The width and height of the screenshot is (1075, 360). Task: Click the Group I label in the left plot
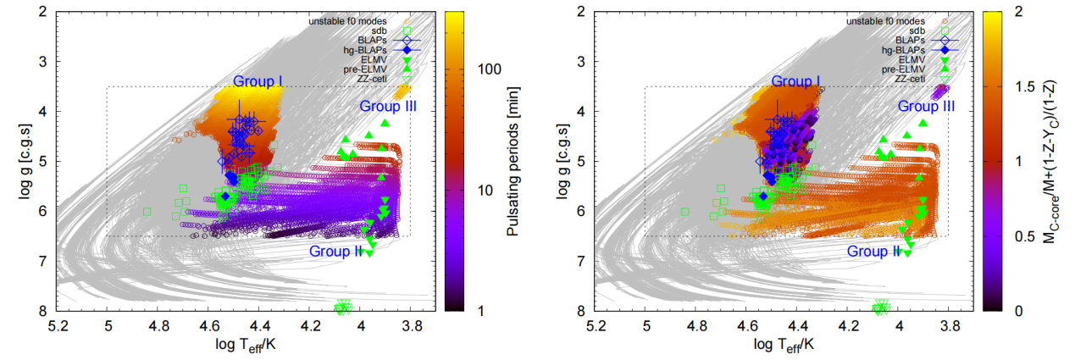[x=258, y=80]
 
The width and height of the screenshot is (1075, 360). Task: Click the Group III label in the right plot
[x=924, y=107]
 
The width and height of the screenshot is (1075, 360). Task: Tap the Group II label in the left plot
[x=336, y=251]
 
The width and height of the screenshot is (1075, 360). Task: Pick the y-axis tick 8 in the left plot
[x=42, y=311]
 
